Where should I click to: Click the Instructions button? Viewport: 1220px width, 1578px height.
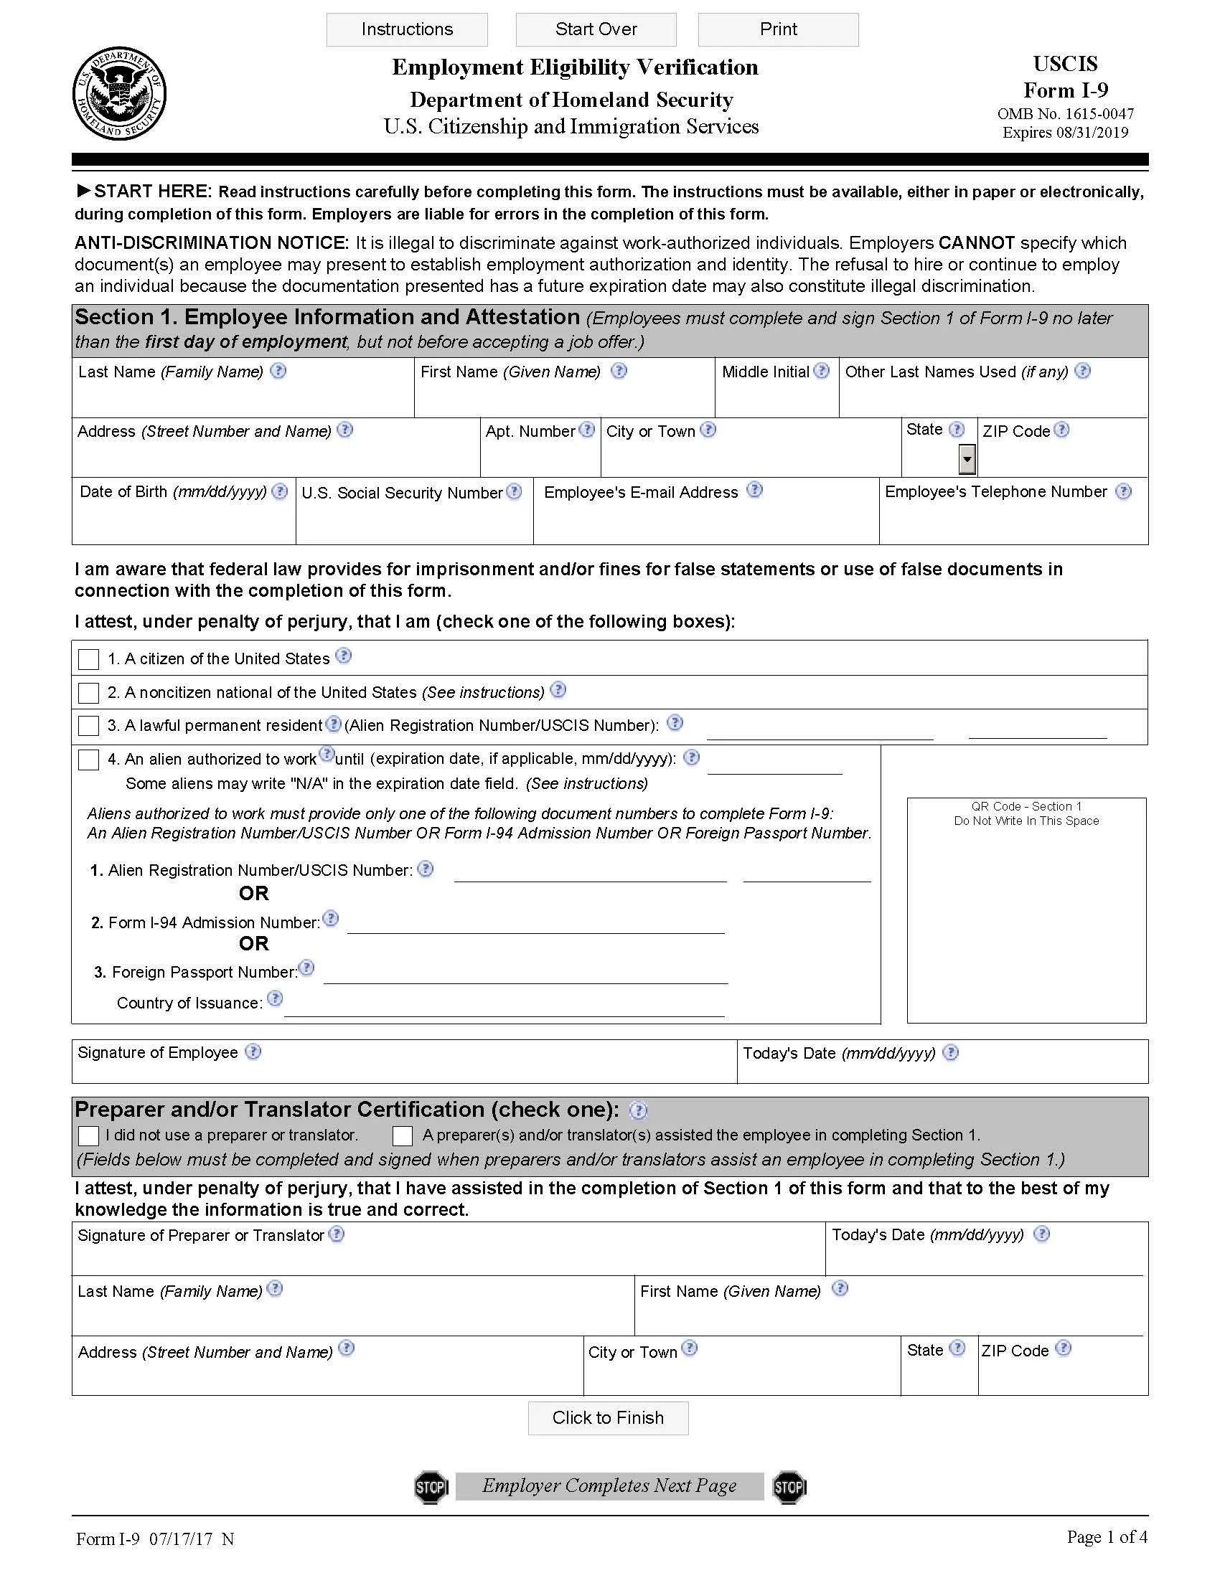point(407,29)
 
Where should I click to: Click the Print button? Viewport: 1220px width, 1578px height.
point(778,29)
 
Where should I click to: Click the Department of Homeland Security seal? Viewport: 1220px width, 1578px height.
point(119,94)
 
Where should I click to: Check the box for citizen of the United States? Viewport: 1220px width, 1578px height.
point(88,659)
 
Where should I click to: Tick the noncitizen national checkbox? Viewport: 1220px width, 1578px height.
point(88,693)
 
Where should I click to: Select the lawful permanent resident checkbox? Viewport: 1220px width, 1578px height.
point(88,725)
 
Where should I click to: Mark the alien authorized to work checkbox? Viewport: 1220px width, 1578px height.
point(88,760)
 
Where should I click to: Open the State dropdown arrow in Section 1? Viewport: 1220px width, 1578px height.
point(967,460)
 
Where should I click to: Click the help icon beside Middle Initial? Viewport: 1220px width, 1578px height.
point(821,371)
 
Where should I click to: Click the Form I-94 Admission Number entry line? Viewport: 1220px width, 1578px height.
point(535,925)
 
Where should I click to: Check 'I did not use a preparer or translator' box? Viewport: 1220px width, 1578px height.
point(88,1136)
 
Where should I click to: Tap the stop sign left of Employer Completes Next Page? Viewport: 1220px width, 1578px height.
point(431,1487)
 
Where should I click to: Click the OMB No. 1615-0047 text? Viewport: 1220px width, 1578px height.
point(1064,114)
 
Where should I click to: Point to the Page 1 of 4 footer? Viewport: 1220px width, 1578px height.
point(1106,1537)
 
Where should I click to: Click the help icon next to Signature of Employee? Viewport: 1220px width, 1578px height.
point(253,1052)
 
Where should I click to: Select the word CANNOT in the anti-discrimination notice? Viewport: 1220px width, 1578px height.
point(976,242)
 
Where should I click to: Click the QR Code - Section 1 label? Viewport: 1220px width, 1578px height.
point(1026,806)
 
